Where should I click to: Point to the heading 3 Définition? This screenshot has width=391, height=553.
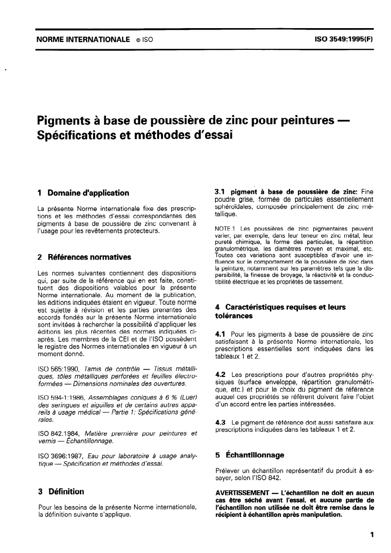pyautogui.click(x=61, y=491)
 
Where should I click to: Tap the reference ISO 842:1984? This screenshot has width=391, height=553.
pyautogui.click(x=59, y=434)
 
